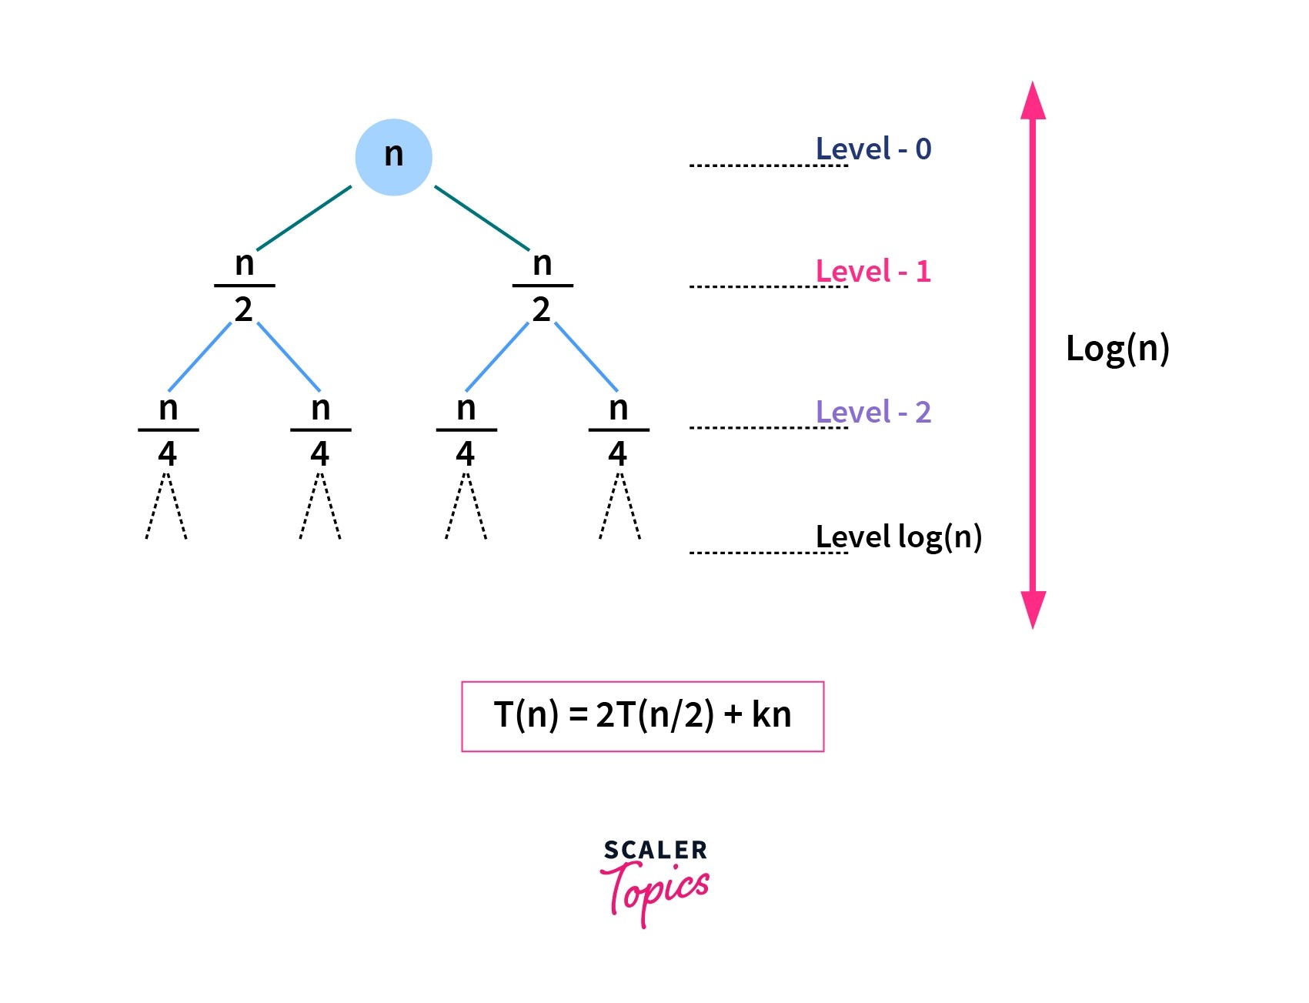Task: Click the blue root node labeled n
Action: pos(393,157)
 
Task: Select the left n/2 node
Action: pos(244,286)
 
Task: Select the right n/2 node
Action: pos(543,286)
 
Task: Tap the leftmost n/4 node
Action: pos(168,431)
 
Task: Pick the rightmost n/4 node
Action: pos(618,431)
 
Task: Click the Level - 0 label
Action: pos(873,149)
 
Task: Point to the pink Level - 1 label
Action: pos(873,272)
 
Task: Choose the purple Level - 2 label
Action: pos(873,413)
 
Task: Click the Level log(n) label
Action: pos(899,537)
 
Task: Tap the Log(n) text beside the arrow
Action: pos(1117,349)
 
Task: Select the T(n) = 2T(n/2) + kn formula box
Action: pos(643,716)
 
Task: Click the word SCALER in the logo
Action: pos(655,850)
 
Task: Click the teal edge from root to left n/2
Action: pos(304,218)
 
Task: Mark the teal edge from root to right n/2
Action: pos(483,218)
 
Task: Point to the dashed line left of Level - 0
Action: pos(768,165)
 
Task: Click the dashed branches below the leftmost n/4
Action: pos(166,508)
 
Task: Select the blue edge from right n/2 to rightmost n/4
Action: pos(586,356)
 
